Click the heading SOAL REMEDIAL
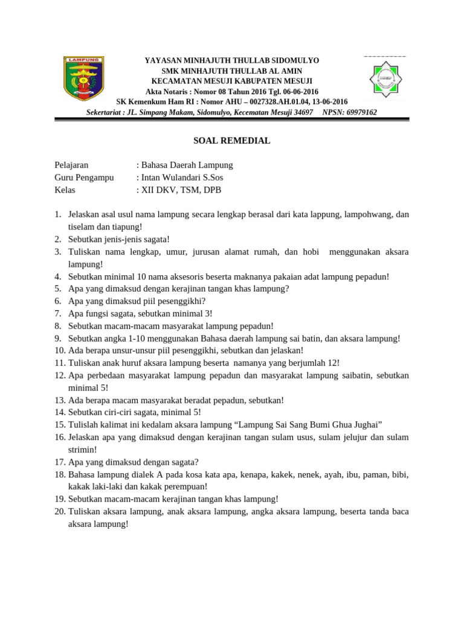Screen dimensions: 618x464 pos(231,141)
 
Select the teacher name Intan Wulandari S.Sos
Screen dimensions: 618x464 pos(178,177)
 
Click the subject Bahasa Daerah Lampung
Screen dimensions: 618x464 pos(187,165)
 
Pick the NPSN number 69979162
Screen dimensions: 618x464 pos(360,112)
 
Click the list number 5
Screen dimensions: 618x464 pos(59,288)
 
